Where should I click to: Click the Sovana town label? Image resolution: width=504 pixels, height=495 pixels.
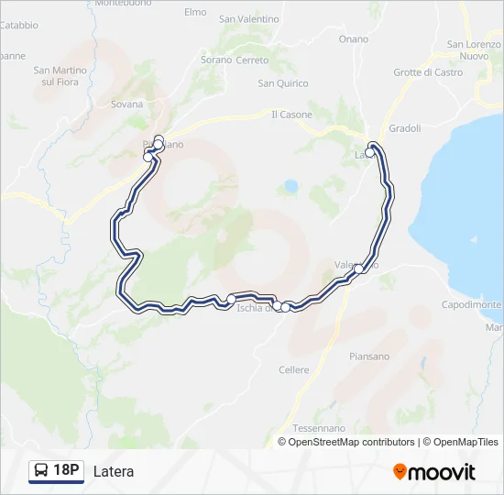[126, 104]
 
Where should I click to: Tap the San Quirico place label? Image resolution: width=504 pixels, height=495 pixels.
[282, 83]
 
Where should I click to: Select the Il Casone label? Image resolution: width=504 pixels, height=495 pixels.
[291, 115]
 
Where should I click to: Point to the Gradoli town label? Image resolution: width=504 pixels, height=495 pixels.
[404, 128]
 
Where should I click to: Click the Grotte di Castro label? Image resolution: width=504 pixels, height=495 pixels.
[428, 72]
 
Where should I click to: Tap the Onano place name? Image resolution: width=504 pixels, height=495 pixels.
[353, 39]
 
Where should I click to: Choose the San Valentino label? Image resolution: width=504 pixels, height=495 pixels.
[248, 18]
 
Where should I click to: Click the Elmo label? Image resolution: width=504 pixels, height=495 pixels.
[195, 12]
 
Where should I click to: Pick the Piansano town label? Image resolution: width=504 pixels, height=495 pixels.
[369, 357]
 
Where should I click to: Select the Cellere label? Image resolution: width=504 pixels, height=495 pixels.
[293, 369]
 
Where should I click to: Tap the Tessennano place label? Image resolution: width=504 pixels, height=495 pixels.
[319, 428]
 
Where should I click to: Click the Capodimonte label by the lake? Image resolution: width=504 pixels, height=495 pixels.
[472, 304]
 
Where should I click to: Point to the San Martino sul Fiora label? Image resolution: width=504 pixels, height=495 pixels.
[60, 76]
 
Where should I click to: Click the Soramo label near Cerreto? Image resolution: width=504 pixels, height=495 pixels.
[217, 60]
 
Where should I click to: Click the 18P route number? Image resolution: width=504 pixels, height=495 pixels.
[66, 471]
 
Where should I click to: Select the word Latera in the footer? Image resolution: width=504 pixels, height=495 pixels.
[114, 472]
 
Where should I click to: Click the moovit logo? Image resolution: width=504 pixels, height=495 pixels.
[434, 472]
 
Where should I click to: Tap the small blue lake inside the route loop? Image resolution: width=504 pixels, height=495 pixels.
[291, 187]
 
